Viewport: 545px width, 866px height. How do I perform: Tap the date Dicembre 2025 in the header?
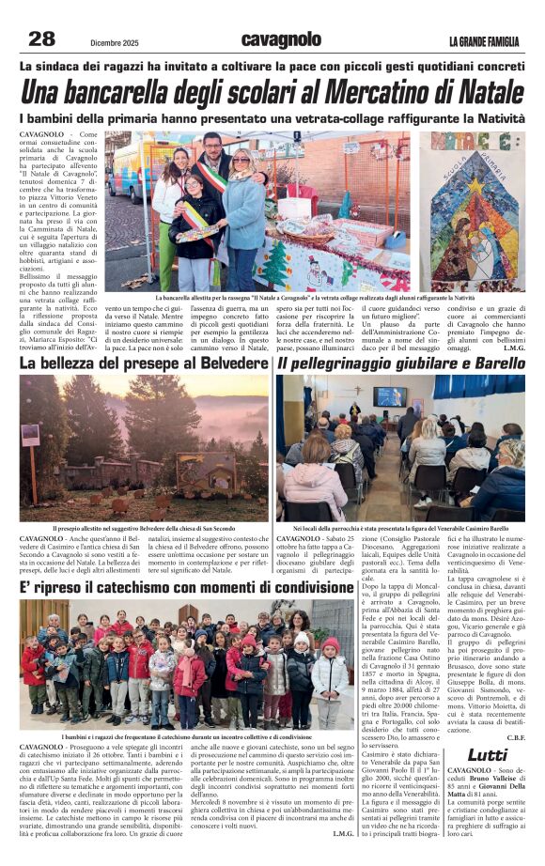point(117,40)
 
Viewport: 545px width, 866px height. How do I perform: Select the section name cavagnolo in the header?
point(281,39)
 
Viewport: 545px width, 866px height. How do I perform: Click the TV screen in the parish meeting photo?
point(389,396)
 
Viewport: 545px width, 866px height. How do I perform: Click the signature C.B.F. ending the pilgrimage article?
point(514,737)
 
